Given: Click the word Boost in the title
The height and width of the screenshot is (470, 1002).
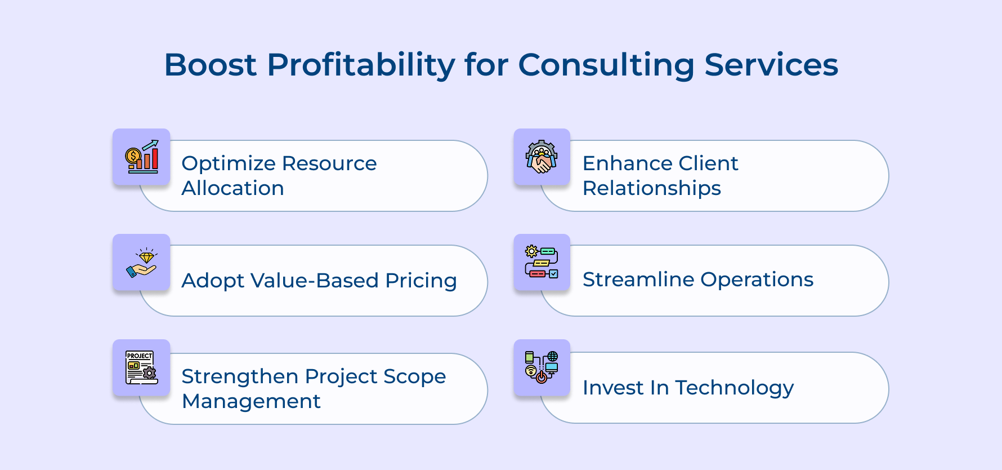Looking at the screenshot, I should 210,65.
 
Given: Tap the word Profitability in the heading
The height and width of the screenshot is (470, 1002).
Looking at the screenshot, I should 360,65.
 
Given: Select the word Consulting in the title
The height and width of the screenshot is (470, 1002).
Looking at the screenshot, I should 606,65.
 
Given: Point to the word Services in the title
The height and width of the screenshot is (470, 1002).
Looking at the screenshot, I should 771,65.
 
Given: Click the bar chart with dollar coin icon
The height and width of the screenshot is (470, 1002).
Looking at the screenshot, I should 142,157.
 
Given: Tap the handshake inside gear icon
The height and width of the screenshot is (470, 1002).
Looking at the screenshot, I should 542,157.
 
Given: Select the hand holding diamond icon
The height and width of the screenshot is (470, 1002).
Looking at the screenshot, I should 142,263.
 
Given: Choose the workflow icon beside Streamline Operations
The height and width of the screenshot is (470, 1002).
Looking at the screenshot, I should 542,262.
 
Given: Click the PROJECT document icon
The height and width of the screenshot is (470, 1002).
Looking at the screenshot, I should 141,367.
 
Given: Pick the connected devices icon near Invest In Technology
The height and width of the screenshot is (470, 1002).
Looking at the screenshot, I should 542,367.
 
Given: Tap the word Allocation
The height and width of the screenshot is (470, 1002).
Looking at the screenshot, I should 232,188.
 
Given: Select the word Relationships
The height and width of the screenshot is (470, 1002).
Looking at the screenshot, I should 651,188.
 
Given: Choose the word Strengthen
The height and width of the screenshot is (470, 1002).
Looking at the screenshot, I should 240,376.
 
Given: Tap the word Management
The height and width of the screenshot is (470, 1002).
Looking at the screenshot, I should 251,401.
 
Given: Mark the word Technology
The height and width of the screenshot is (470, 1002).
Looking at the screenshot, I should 734,388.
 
